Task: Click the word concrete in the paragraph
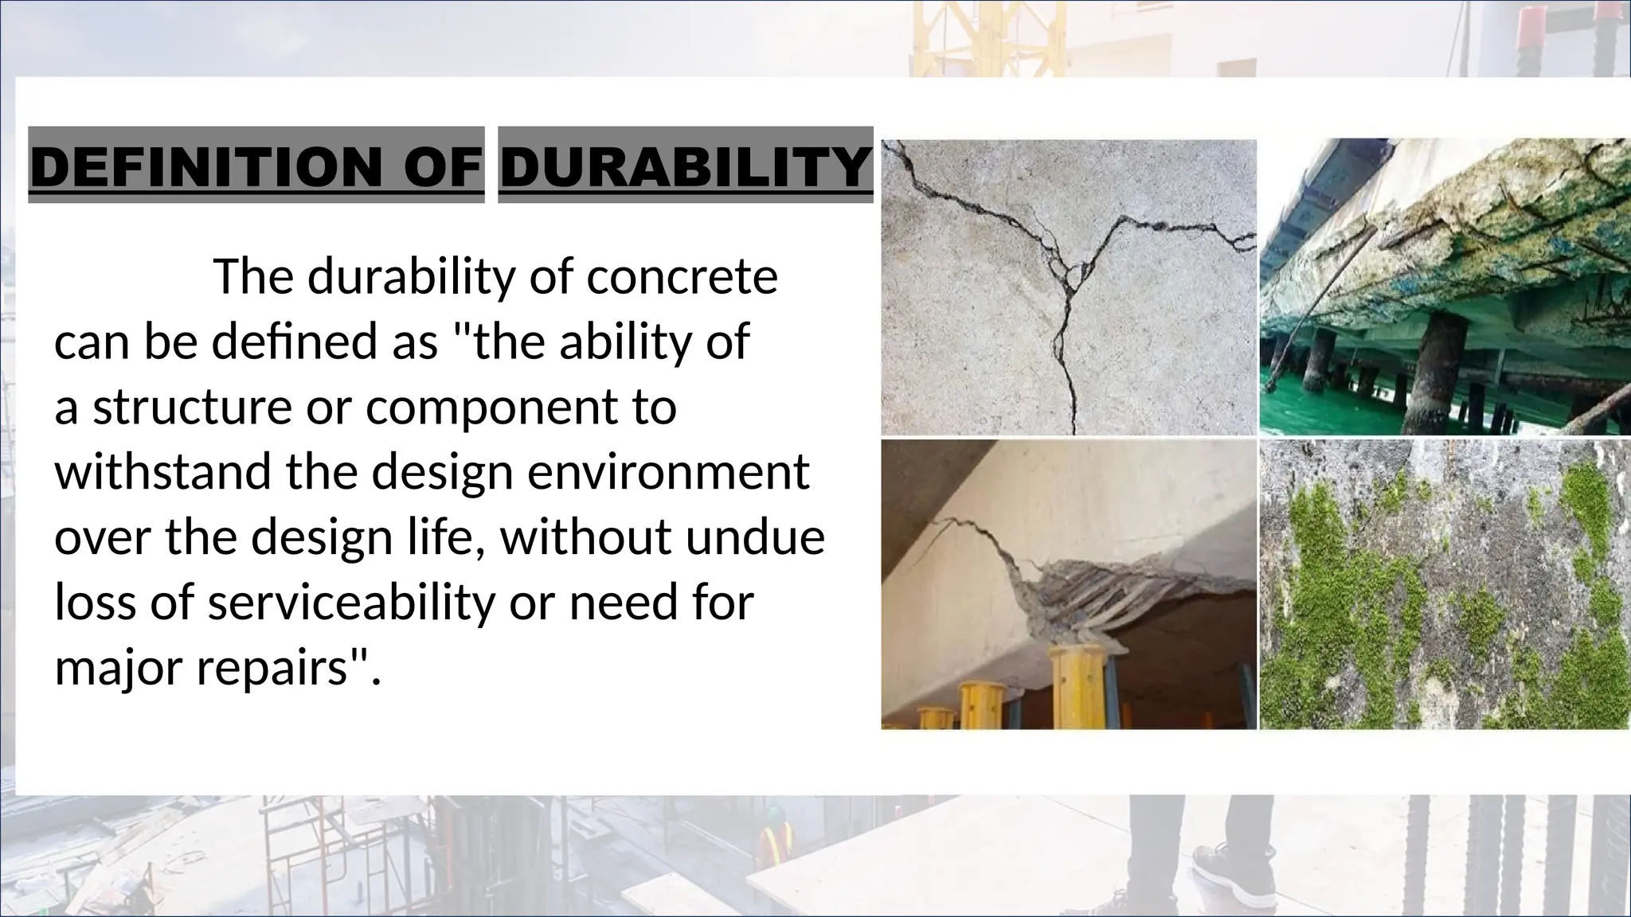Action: point(682,277)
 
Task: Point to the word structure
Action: point(192,407)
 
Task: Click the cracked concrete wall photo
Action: point(1068,287)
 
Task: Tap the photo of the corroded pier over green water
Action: point(1444,287)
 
